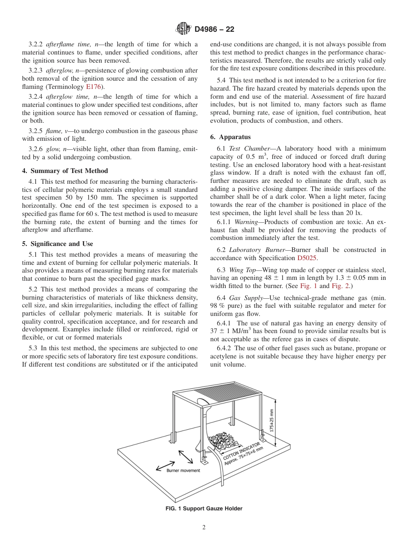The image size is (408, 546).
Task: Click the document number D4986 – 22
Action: point(214,30)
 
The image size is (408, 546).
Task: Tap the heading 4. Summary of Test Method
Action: point(65,171)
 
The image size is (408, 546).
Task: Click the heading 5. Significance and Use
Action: point(58,244)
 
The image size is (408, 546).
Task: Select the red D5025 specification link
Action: point(307,258)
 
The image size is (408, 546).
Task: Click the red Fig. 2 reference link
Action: point(340,286)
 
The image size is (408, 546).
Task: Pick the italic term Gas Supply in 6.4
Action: point(246,298)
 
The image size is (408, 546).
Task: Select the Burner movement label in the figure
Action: point(183,470)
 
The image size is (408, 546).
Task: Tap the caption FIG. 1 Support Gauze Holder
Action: point(204,509)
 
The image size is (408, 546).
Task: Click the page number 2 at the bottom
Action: point(204,528)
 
